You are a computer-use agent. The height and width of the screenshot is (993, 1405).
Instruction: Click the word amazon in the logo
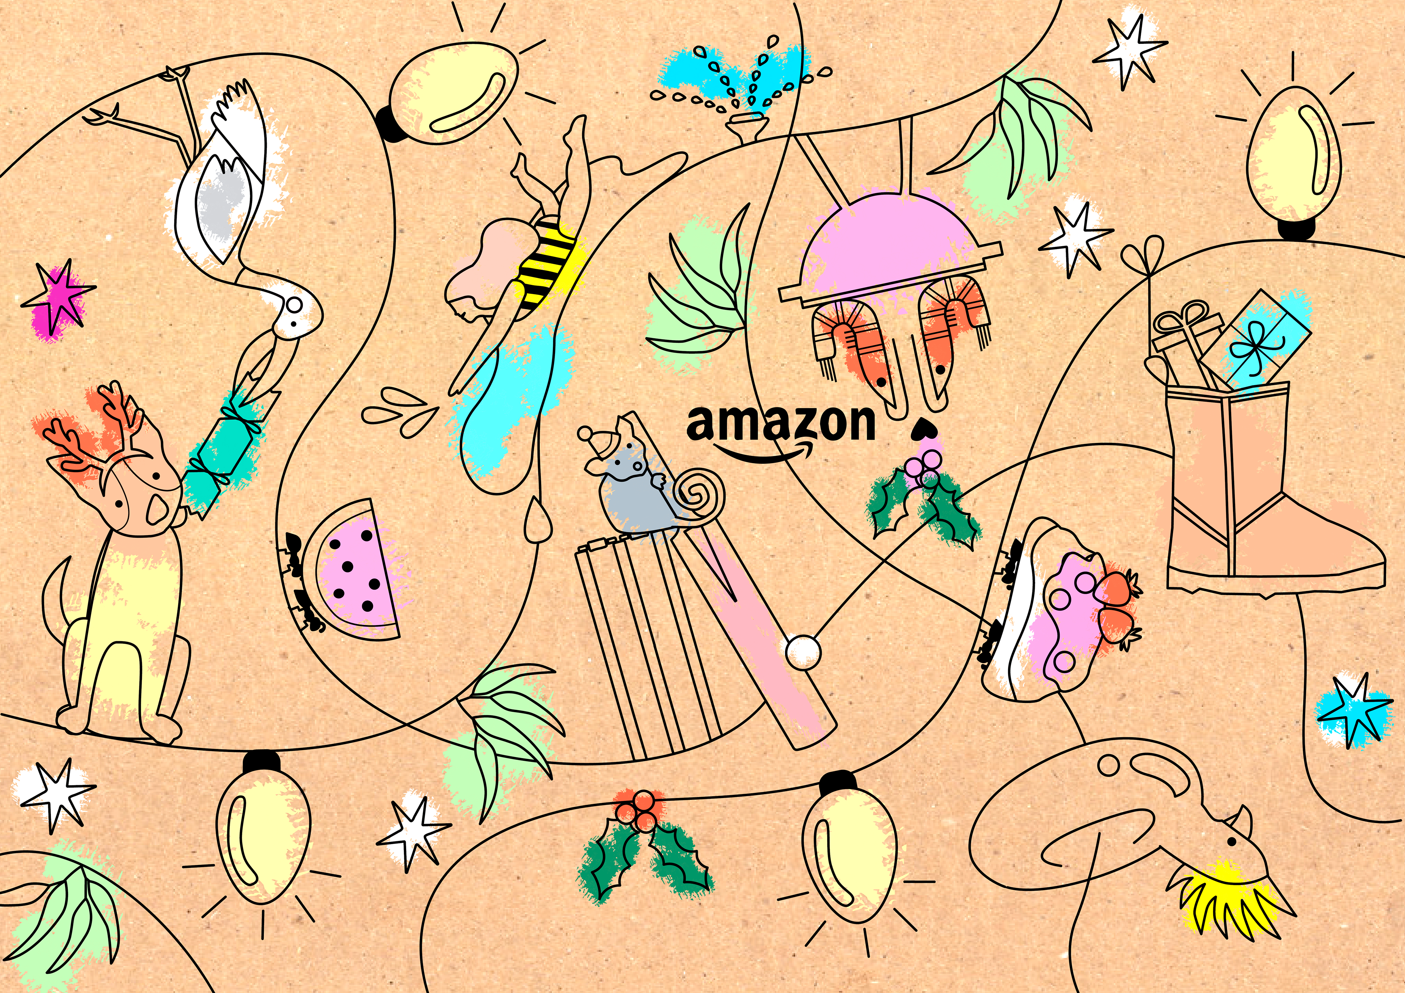tap(780, 424)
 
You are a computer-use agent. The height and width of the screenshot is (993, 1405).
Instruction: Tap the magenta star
tap(58, 300)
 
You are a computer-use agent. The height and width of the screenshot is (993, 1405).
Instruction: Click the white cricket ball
tap(802, 652)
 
